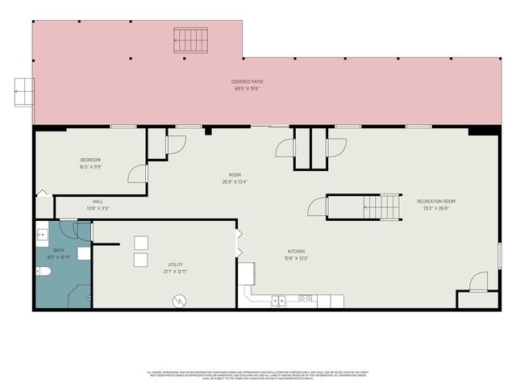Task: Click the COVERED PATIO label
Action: coord(248,81)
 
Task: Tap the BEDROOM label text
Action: coord(89,159)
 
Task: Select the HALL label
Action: coord(98,202)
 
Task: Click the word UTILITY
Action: coord(176,264)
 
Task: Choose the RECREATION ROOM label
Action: coord(436,201)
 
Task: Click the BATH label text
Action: coord(59,251)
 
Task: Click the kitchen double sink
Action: coord(278,300)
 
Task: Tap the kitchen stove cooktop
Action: coord(306,299)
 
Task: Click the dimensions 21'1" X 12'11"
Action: coord(176,272)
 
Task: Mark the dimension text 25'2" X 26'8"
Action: coord(436,208)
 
